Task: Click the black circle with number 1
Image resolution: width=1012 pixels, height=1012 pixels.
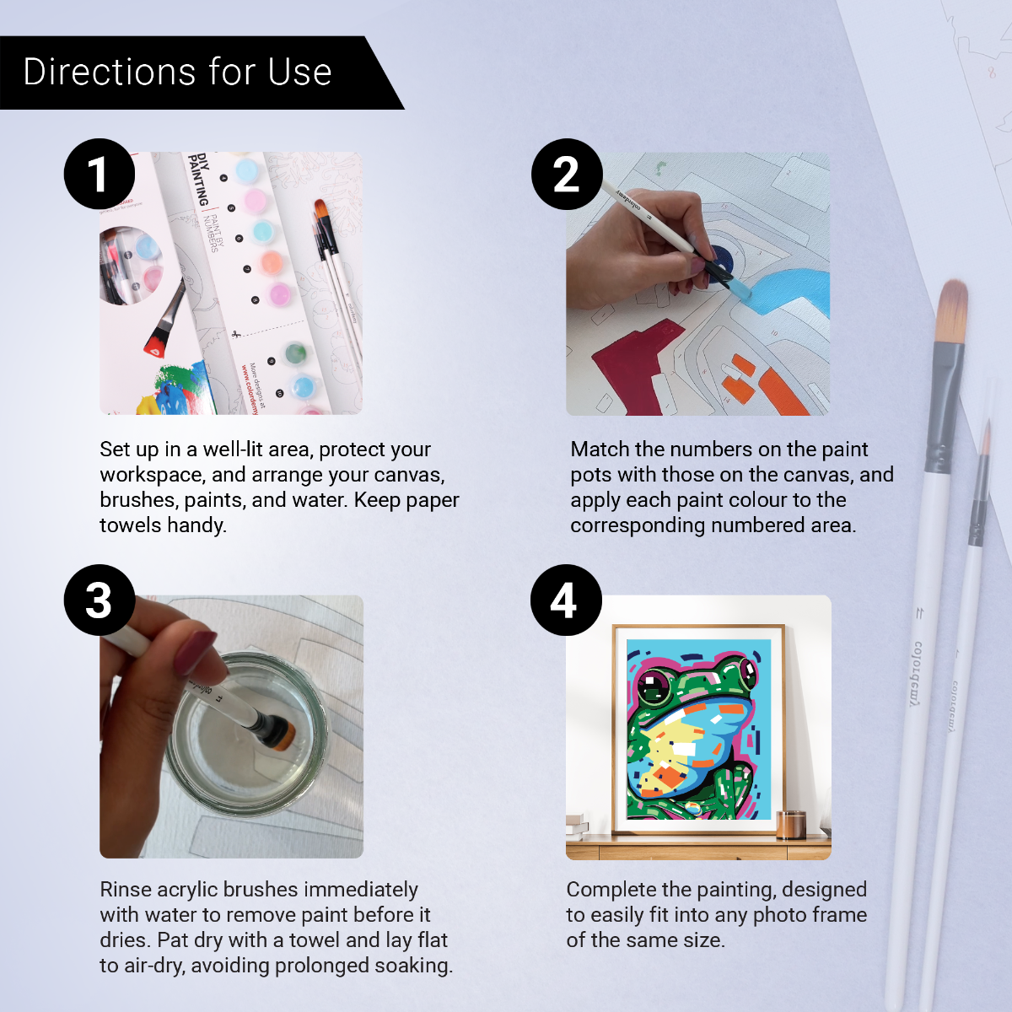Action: (100, 174)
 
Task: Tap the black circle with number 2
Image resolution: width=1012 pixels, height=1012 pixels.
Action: (567, 174)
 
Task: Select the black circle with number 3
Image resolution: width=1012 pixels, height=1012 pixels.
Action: (100, 600)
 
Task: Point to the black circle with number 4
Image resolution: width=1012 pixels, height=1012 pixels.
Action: (566, 600)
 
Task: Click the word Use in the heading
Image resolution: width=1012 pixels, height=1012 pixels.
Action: (299, 73)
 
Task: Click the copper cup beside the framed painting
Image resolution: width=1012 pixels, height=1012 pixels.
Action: (790, 824)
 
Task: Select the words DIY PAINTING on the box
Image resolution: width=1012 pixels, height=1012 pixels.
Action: (199, 179)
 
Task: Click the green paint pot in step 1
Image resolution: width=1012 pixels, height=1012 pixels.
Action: (295, 353)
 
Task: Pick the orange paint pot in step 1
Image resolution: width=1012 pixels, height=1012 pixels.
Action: (271, 262)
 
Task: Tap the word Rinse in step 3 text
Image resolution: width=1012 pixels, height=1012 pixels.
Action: (126, 890)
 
